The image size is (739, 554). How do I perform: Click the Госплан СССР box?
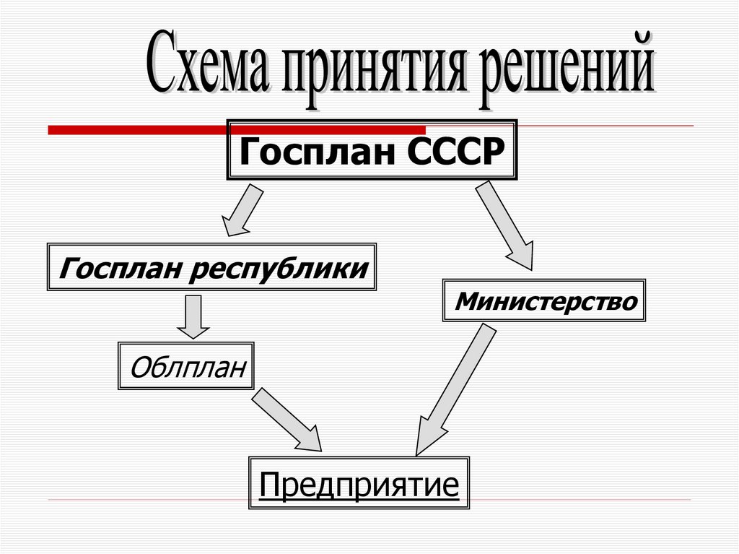[x=372, y=150]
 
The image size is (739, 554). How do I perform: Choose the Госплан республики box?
[x=211, y=268]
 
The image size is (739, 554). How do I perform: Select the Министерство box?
[x=544, y=300]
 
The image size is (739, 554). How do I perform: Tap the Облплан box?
[x=186, y=366]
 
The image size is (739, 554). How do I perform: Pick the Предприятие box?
[x=359, y=482]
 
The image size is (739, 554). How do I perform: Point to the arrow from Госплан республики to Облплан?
[x=192, y=316]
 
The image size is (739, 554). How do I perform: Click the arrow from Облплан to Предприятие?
[x=287, y=420]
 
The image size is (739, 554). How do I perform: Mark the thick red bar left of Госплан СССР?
[x=137, y=130]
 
